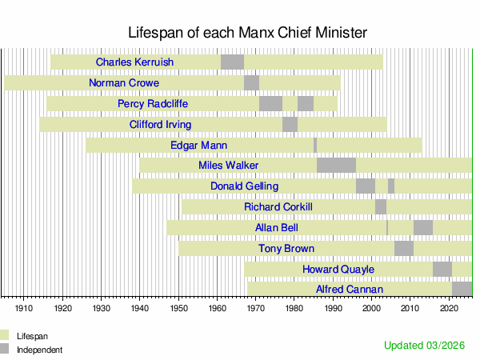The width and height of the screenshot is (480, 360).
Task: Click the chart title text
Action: click(248, 33)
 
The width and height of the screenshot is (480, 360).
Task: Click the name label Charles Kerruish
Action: click(134, 62)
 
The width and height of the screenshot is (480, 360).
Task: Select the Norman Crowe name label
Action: click(124, 83)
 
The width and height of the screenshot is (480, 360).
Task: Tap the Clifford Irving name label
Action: click(160, 125)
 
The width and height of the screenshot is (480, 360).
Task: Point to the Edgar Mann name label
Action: click(199, 146)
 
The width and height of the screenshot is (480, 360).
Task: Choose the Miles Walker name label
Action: click(228, 166)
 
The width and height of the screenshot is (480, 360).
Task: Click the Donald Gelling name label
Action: click(245, 186)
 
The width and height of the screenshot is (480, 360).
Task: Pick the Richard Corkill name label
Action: click(278, 207)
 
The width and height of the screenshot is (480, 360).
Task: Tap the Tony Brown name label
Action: click(286, 249)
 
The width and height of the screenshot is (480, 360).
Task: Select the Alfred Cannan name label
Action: click(350, 290)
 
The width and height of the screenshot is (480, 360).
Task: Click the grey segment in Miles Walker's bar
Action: click(336, 166)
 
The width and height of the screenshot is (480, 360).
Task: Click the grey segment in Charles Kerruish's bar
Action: click(232, 62)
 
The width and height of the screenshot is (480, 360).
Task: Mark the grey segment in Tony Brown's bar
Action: click(404, 249)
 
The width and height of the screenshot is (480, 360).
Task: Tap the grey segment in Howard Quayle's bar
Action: click(442, 269)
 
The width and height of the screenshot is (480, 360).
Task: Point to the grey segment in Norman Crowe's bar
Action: click(251, 83)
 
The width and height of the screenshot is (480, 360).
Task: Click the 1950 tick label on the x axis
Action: click(178, 307)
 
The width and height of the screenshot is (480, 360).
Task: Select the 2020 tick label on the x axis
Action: click(449, 307)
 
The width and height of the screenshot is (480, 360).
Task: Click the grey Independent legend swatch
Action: click(7, 350)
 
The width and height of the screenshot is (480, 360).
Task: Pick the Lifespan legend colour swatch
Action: click(7, 336)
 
